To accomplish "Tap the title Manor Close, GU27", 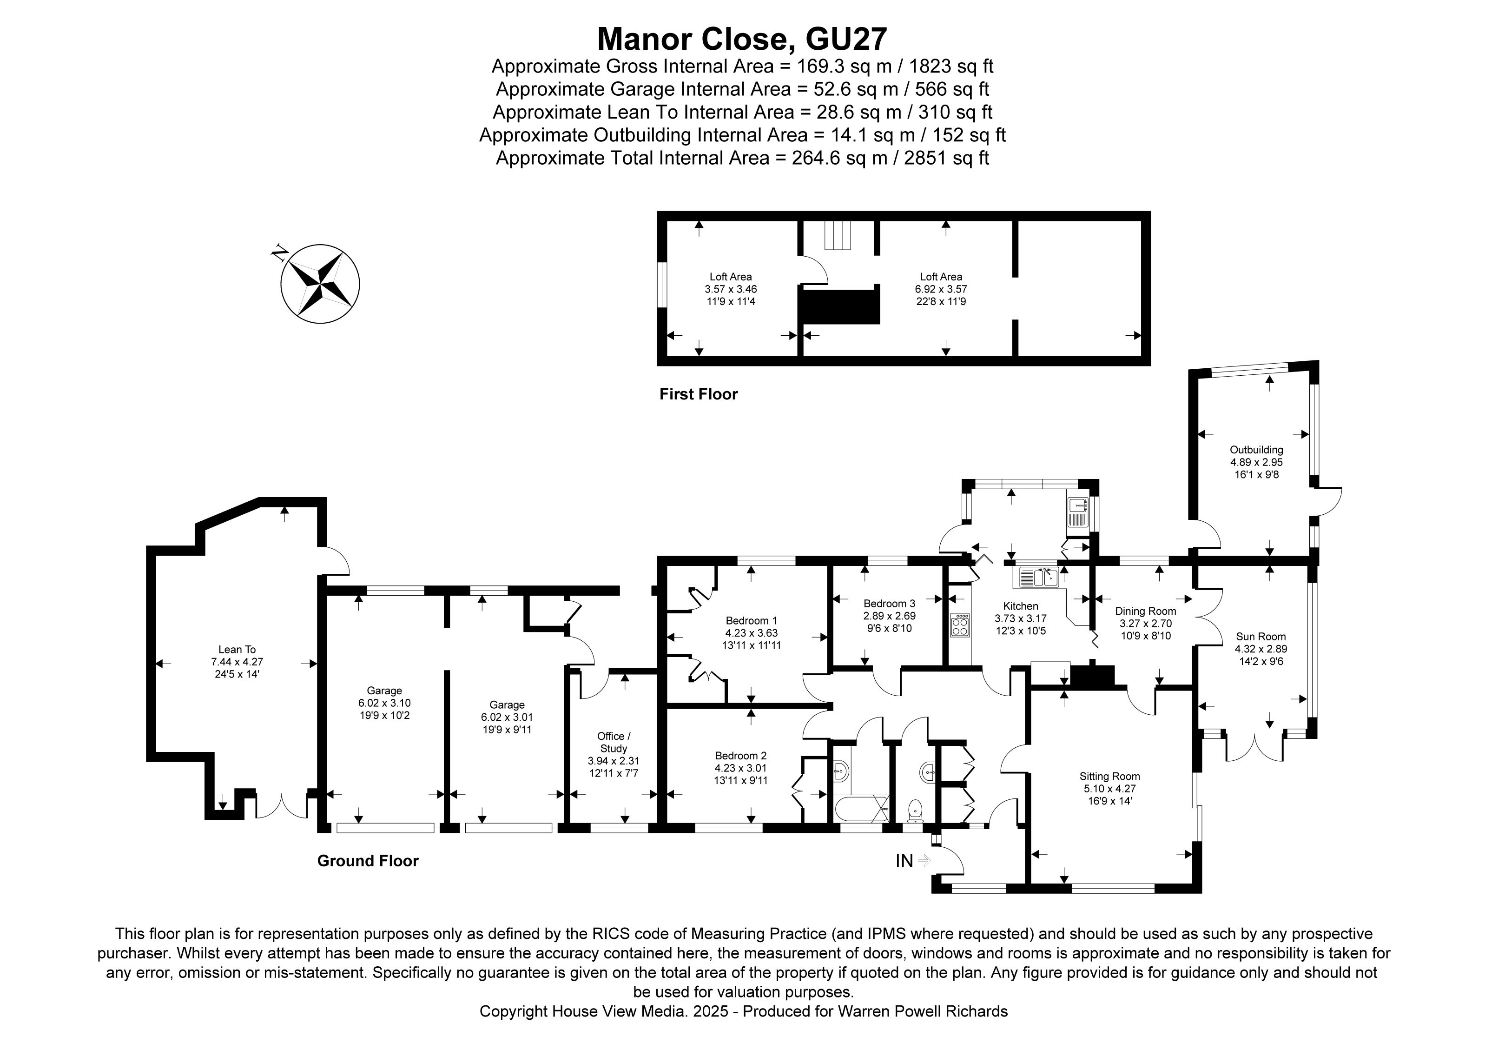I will click(x=742, y=39).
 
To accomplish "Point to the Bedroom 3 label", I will click(x=889, y=604).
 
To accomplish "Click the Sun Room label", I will click(x=1261, y=637).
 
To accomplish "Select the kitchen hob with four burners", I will click(x=960, y=625).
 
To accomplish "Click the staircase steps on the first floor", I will click(x=838, y=235).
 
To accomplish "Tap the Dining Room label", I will click(x=1145, y=611).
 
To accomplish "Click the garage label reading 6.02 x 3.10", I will click(x=384, y=703).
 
